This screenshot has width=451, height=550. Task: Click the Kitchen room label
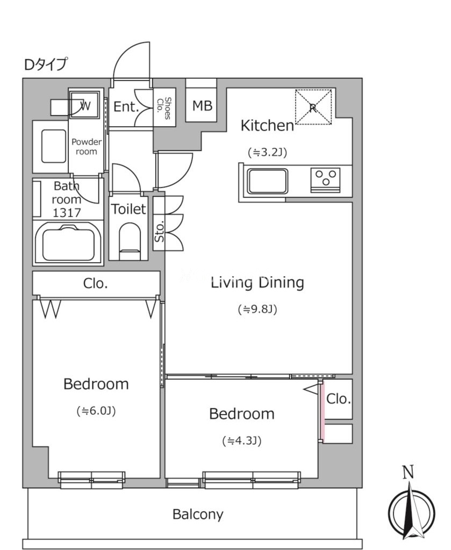pyautogui.click(x=267, y=126)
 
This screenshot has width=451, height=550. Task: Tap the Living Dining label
pyautogui.click(x=257, y=283)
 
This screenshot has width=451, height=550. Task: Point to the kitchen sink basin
pyautogui.click(x=268, y=181)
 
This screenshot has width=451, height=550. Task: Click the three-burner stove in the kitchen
pyautogui.click(x=325, y=180)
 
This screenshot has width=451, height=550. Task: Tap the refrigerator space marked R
pyautogui.click(x=313, y=107)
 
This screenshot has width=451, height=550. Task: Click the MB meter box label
pyautogui.click(x=202, y=105)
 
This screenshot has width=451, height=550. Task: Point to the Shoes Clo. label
pyautogui.click(x=164, y=108)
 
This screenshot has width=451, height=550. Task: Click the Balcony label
pyautogui.click(x=198, y=514)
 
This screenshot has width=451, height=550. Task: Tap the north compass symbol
pyautogui.click(x=411, y=511)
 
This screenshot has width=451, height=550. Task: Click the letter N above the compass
pyautogui.click(x=408, y=472)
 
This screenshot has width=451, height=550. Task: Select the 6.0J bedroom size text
pyautogui.click(x=96, y=411)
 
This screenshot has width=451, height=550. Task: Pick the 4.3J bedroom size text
pyautogui.click(x=242, y=440)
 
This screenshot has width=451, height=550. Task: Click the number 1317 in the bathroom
pyautogui.click(x=67, y=213)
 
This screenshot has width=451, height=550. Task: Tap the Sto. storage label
pyautogui.click(x=159, y=231)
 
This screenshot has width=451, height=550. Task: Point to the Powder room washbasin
pyautogui.click(x=54, y=146)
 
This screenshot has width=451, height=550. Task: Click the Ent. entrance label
pyautogui.click(x=126, y=106)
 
